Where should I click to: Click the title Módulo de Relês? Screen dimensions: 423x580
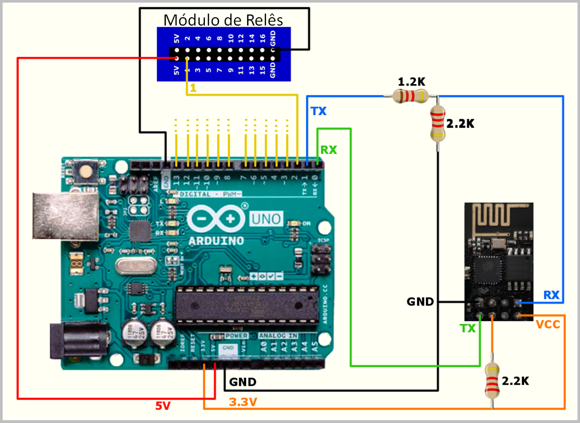(224, 20)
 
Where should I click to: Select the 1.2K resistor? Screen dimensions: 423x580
(410, 96)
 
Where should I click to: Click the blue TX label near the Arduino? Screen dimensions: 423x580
(318, 111)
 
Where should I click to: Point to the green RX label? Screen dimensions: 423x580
(329, 150)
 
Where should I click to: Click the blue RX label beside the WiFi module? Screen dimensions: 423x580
(551, 295)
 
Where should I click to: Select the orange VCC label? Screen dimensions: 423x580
(548, 325)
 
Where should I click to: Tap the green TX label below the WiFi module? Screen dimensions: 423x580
(468, 328)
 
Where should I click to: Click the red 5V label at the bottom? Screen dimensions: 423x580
(164, 406)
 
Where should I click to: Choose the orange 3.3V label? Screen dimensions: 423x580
(243, 402)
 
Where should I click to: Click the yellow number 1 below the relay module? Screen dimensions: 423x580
(193, 89)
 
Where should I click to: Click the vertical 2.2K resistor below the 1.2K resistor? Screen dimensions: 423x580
(438, 124)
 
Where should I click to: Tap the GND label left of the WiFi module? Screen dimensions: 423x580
(420, 301)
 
